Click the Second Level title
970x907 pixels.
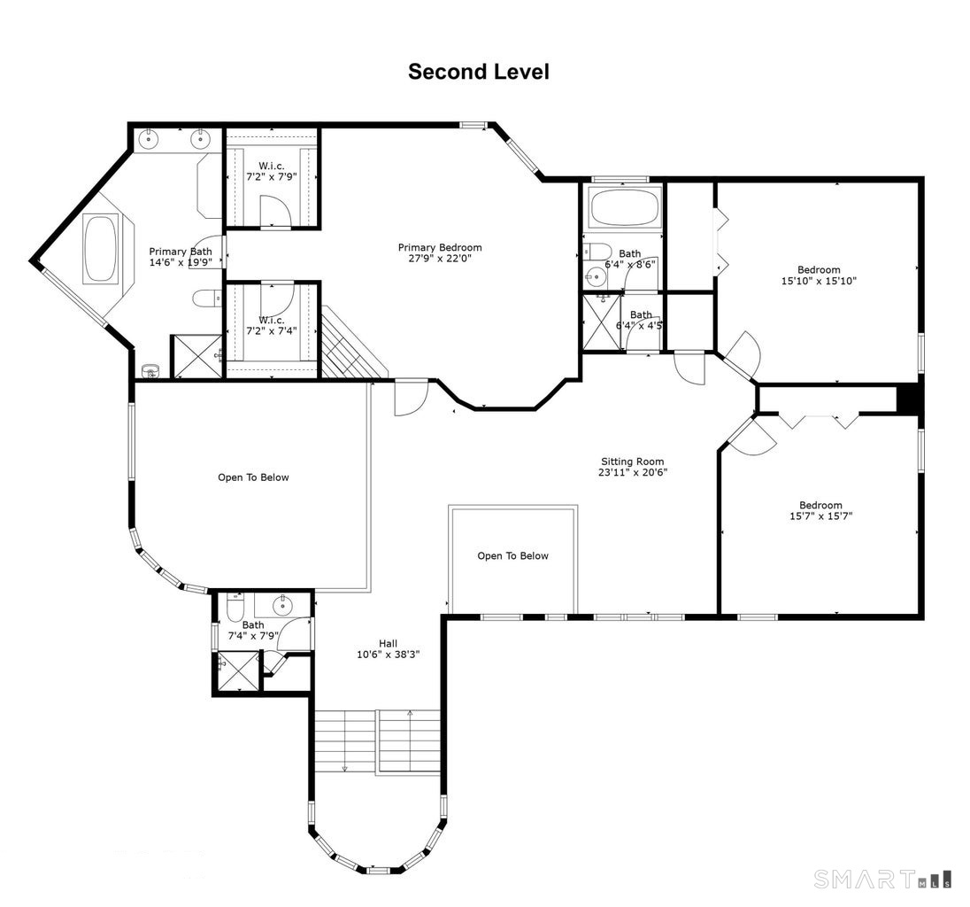click(x=478, y=72)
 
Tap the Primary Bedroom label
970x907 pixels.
click(x=440, y=252)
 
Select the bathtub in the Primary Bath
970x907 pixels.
click(x=101, y=248)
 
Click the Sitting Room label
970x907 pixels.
click(x=632, y=467)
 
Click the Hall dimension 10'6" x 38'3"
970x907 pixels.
click(x=388, y=655)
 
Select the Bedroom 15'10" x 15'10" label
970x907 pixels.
click(x=819, y=275)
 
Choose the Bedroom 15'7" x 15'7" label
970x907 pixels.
click(x=821, y=510)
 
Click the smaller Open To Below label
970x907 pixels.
click(x=512, y=556)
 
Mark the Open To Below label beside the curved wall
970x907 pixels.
click(x=253, y=477)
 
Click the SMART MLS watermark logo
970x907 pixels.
click(x=882, y=880)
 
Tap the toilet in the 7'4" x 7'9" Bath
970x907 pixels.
click(x=235, y=608)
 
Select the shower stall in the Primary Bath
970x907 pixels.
click(x=196, y=356)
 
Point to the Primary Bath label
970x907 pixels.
click(x=181, y=256)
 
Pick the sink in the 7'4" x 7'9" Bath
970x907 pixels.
click(x=282, y=604)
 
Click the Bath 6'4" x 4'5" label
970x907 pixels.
click(x=641, y=320)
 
